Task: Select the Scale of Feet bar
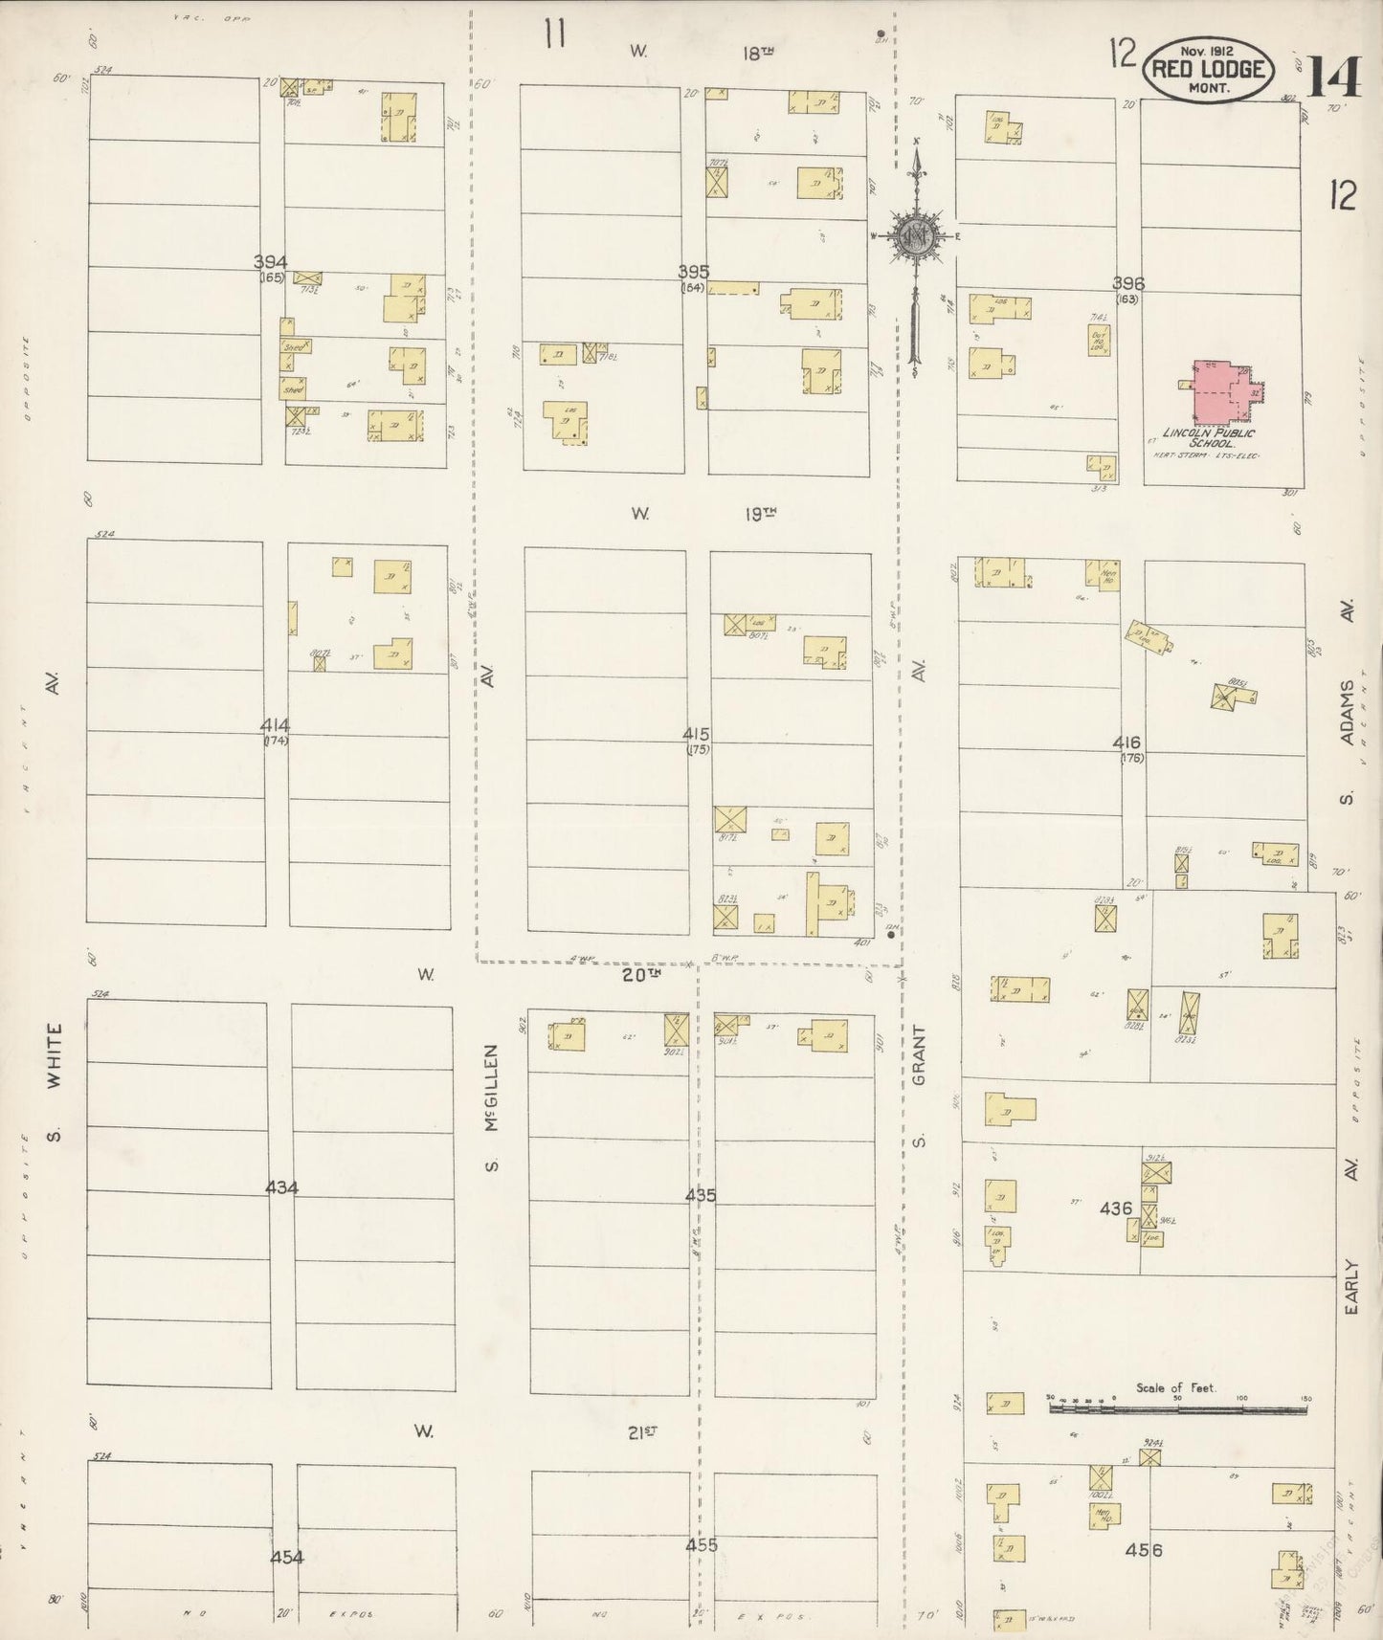pos(1177,1408)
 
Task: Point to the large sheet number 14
pos(1332,77)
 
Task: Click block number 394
pos(271,262)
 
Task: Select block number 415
pos(696,734)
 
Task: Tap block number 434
pos(281,1187)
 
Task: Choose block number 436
pos(1116,1208)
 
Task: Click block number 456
pos(1143,1549)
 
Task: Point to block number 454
pos(286,1557)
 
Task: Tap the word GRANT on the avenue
pos(919,1055)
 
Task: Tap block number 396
pos(1128,283)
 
